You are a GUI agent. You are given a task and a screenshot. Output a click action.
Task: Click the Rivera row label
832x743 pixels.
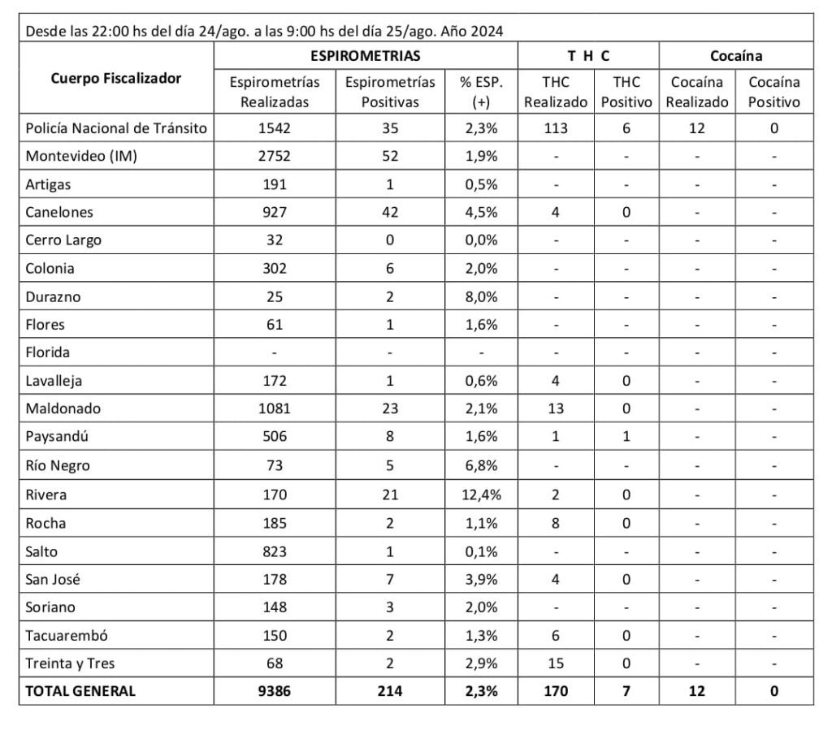pos(46,495)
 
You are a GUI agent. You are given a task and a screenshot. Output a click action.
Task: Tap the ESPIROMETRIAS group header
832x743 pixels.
pos(365,56)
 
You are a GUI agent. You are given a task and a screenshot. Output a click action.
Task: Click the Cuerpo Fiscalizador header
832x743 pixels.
pos(116,79)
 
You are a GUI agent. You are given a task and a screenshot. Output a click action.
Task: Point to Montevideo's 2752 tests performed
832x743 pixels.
pos(275,157)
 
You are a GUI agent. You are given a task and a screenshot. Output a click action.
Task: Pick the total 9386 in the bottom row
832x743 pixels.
pos(275,691)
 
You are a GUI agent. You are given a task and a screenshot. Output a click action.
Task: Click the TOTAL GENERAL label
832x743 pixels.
pos(81,691)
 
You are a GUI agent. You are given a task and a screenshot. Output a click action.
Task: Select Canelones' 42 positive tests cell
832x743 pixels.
pos(389,213)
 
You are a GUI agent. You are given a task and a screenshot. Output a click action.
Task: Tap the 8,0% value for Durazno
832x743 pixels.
pos(481,297)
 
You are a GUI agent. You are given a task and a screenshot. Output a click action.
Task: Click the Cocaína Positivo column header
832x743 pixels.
pos(773,92)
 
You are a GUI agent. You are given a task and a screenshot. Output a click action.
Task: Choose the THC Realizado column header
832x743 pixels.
pos(556,92)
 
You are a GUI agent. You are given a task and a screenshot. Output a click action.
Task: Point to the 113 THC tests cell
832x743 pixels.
pos(556,128)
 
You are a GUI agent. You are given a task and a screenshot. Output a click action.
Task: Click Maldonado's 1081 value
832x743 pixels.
pos(275,409)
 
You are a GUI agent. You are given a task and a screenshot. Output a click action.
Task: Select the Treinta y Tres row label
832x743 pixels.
pos(71,663)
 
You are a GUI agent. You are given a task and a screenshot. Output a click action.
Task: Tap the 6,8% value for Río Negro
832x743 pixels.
pos(481,466)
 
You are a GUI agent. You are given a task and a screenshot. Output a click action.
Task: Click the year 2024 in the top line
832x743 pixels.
pos(486,32)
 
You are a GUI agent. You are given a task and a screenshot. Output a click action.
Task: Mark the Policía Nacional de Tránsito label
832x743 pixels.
pos(116,128)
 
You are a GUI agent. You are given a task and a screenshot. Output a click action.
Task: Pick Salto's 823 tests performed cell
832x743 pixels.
pos(275,551)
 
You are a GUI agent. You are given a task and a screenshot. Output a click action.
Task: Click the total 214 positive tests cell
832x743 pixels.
pos(389,691)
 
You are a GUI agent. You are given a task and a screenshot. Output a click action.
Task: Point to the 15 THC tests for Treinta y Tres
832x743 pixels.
pos(556,663)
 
